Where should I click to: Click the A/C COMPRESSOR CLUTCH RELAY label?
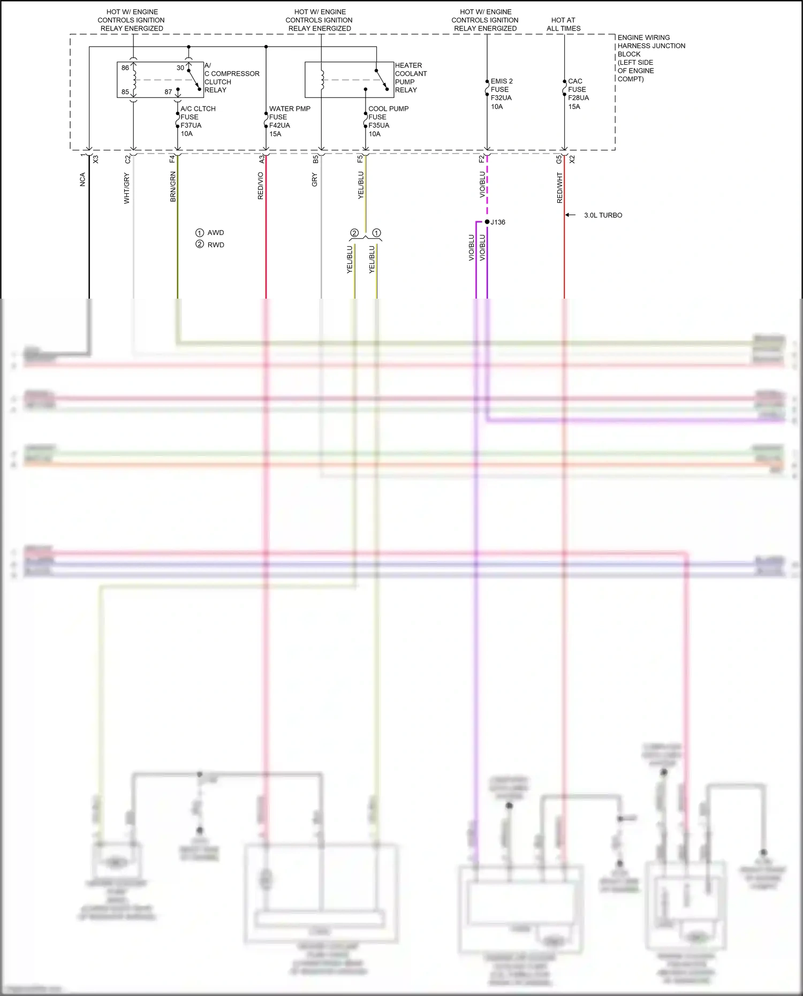(x=231, y=78)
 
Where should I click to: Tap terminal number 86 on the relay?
(x=125, y=68)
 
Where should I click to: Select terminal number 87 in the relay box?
(x=168, y=92)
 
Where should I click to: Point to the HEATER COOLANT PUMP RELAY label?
(x=411, y=78)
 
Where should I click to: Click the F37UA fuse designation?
(x=191, y=125)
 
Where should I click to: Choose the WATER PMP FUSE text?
(x=289, y=112)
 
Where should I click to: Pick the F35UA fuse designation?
(x=378, y=125)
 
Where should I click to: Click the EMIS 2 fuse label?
(x=502, y=81)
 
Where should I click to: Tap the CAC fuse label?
(x=575, y=81)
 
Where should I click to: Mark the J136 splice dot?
(x=487, y=222)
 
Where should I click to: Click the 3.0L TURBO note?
(x=603, y=215)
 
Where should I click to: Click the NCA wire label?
(x=82, y=179)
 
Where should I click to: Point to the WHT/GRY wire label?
(x=127, y=188)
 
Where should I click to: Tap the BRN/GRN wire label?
(x=173, y=186)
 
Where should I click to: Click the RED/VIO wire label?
(x=261, y=186)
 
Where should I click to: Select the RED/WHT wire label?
(x=559, y=187)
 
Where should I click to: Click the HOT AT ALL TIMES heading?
(x=563, y=24)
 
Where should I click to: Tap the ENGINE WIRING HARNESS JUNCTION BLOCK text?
(x=650, y=58)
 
